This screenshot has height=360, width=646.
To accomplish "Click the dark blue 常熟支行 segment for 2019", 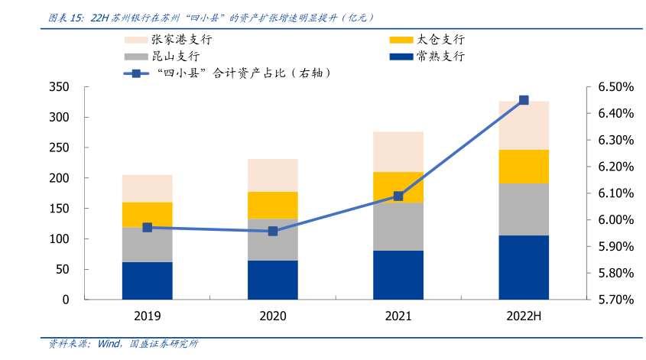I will point(147,281).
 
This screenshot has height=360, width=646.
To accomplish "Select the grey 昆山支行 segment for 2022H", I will point(524,209).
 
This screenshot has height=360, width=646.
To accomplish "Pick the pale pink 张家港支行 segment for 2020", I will point(273,175).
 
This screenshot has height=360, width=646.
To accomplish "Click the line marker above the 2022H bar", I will point(524,100).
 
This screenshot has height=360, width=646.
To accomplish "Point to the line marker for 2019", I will point(148,228).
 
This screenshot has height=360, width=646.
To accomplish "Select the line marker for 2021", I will point(398,196).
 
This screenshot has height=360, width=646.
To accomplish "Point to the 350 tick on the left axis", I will point(59,87).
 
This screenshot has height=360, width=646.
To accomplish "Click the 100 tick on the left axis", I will point(59,239).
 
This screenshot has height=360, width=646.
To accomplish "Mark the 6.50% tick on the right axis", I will point(615,87).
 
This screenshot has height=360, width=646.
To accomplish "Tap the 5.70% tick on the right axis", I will point(615,300).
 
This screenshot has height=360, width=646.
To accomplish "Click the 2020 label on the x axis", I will point(273,317).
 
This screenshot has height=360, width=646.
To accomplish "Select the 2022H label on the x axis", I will point(524,317).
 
